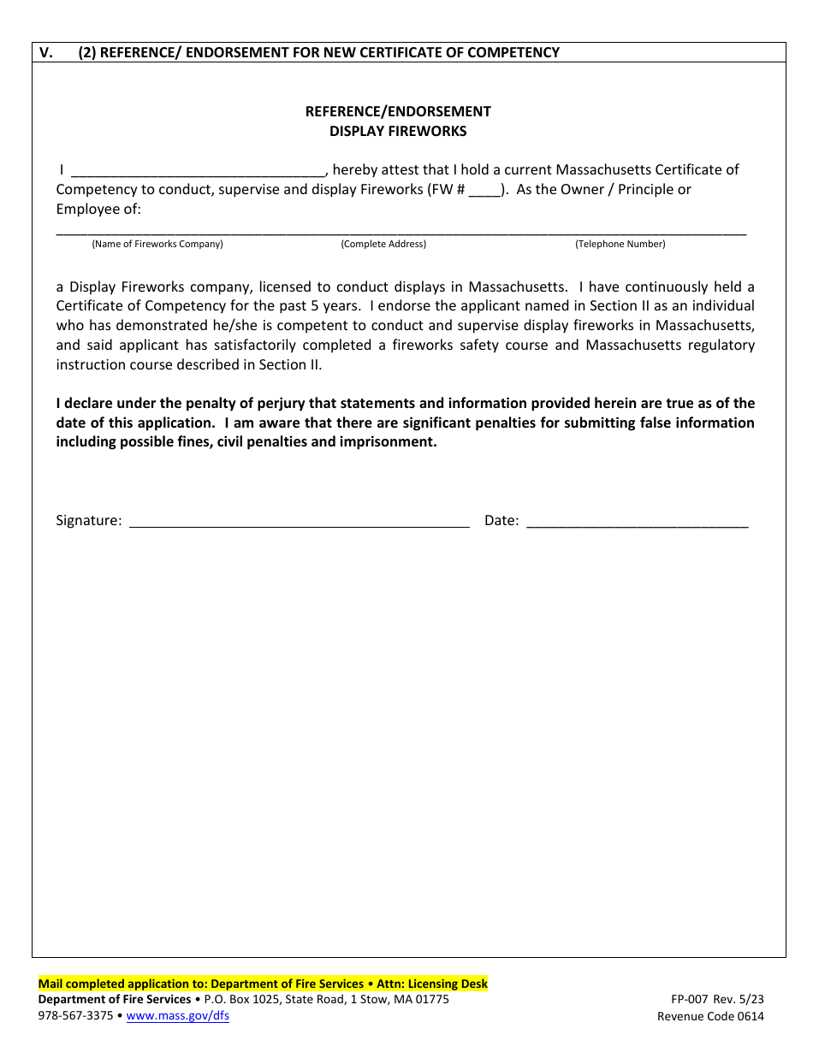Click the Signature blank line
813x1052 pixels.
(299, 522)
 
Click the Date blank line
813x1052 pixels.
(637, 522)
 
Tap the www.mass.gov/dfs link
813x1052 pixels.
(177, 1016)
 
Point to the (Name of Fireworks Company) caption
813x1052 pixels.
(157, 245)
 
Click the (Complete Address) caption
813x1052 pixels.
(383, 245)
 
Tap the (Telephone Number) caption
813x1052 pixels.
(620, 245)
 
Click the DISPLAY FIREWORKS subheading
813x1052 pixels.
(398, 132)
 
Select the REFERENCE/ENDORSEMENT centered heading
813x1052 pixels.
(398, 111)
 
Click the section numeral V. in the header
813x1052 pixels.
(46, 53)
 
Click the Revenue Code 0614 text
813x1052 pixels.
(710, 1017)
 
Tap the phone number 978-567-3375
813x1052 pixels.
(75, 1016)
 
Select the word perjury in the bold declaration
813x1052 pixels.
(294, 404)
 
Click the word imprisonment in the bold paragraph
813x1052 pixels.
(392, 442)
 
